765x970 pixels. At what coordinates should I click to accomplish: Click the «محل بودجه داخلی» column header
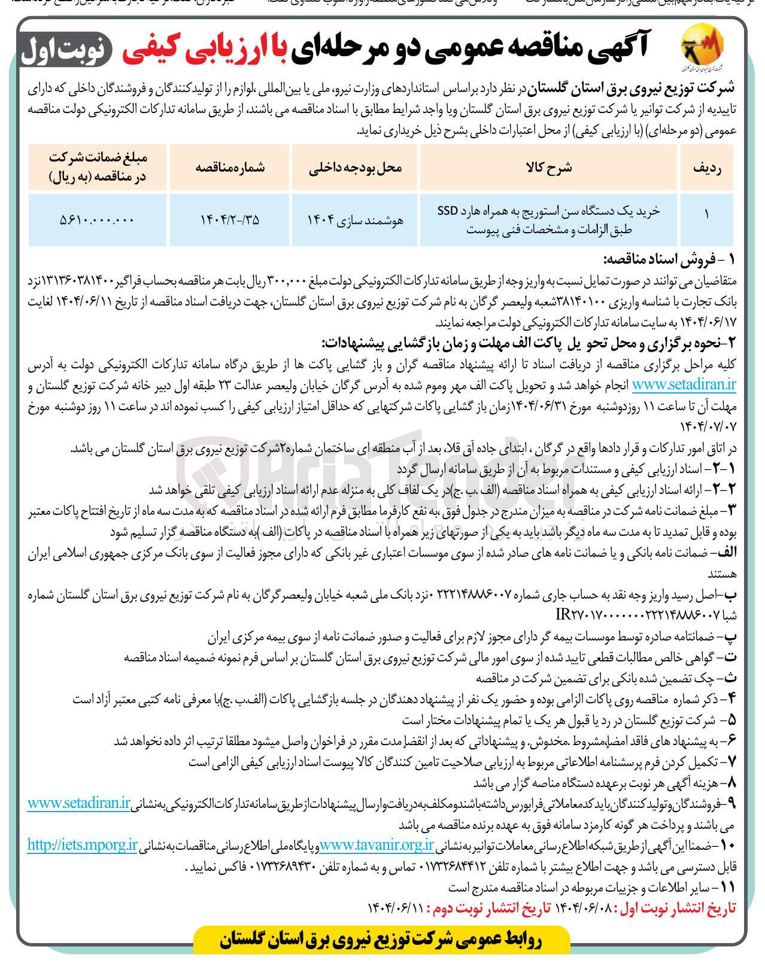point(354,167)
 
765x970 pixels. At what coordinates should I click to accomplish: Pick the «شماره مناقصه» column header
point(230,167)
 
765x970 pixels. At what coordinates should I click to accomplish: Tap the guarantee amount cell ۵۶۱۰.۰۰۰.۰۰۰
point(97,219)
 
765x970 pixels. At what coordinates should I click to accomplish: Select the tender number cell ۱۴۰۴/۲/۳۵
point(230,219)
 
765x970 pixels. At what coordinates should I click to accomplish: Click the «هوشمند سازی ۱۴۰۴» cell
point(354,219)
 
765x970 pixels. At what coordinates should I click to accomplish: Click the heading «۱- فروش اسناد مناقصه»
point(669,260)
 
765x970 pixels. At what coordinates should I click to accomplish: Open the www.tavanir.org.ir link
point(377,845)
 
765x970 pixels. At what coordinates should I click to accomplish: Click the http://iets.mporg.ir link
point(82,845)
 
